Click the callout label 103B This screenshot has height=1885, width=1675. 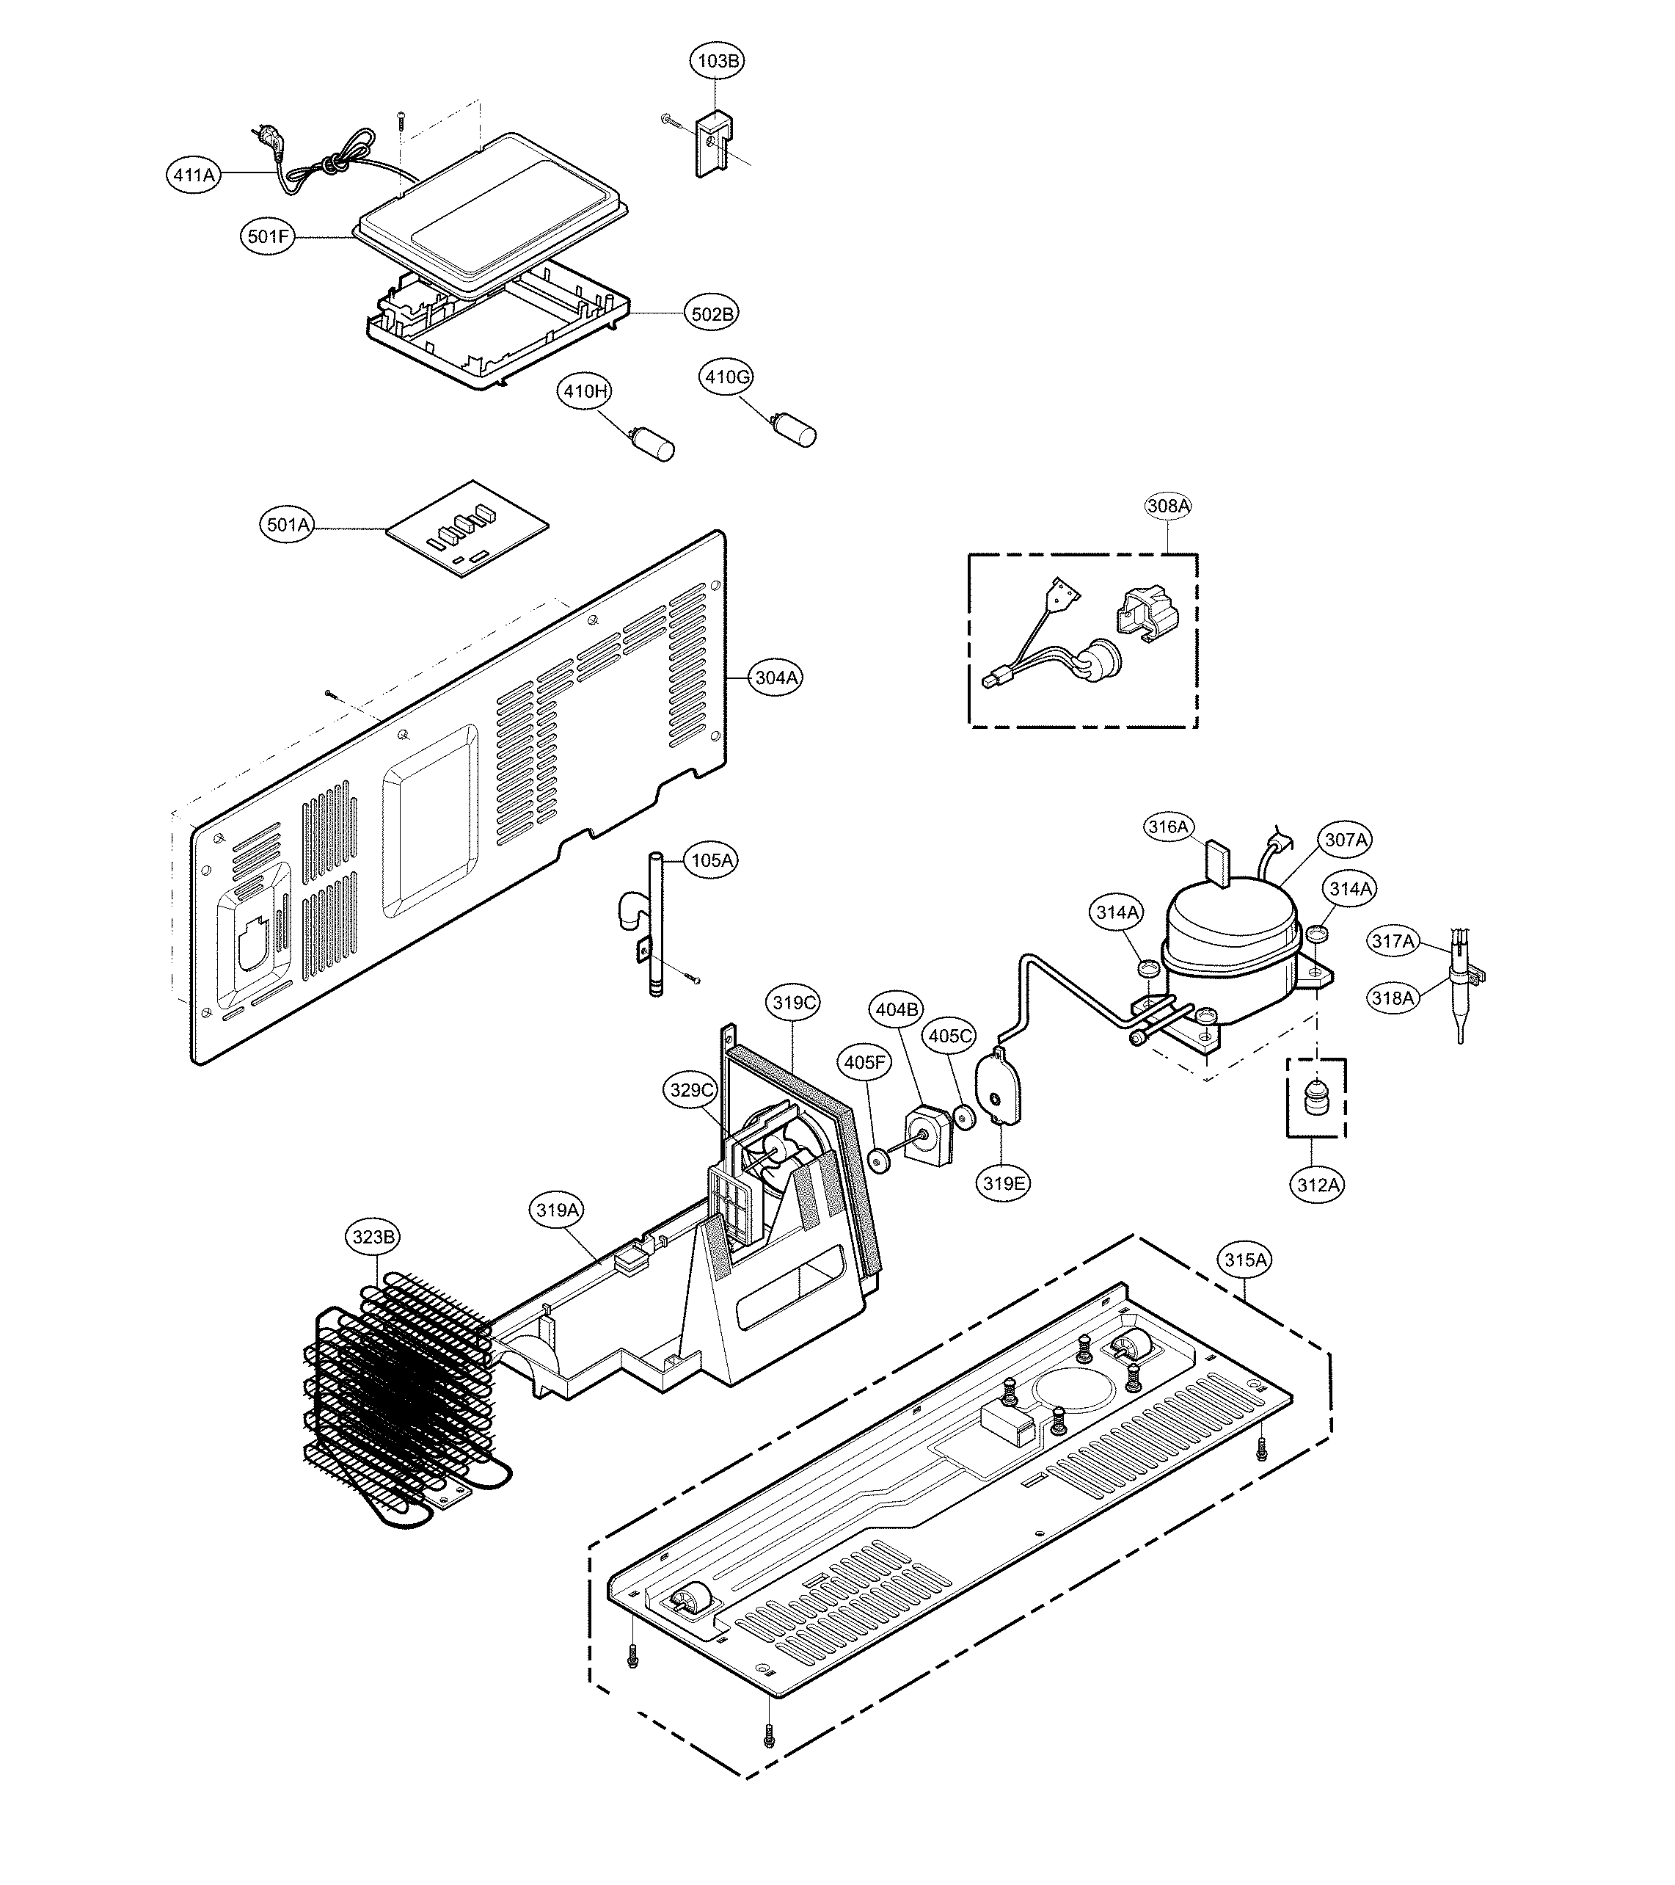(x=718, y=61)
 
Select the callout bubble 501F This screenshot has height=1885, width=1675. (x=269, y=237)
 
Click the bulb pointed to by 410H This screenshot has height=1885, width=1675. (x=657, y=446)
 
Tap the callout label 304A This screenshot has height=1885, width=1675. (x=776, y=678)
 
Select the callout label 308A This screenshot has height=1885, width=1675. (x=1168, y=505)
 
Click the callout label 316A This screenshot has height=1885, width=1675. (x=1168, y=827)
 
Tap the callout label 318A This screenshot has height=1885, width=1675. (x=1392, y=998)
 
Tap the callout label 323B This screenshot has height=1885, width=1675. (x=373, y=1237)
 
